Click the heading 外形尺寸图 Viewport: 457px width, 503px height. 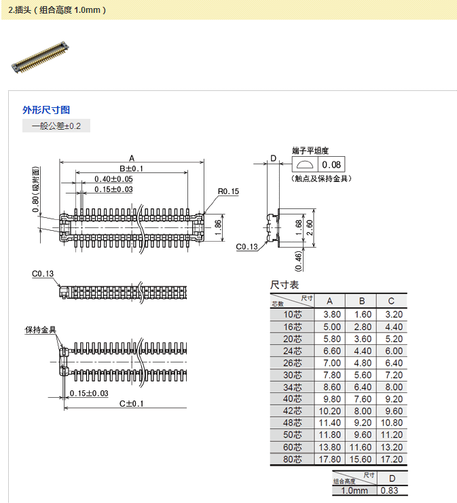tap(46, 110)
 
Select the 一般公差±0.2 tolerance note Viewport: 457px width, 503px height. tap(56, 126)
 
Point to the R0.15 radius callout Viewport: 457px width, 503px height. tap(229, 191)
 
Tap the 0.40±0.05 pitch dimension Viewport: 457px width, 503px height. tap(113, 179)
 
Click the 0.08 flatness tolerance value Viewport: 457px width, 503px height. tap(331, 165)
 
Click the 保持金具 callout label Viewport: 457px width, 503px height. tap(41, 330)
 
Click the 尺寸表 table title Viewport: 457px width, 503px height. tap(285, 285)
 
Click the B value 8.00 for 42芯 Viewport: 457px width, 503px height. tap(363, 411)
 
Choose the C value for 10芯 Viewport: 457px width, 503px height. tap(393, 314)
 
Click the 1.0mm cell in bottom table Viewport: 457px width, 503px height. tap(354, 491)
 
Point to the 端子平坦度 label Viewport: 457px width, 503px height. tap(310, 150)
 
